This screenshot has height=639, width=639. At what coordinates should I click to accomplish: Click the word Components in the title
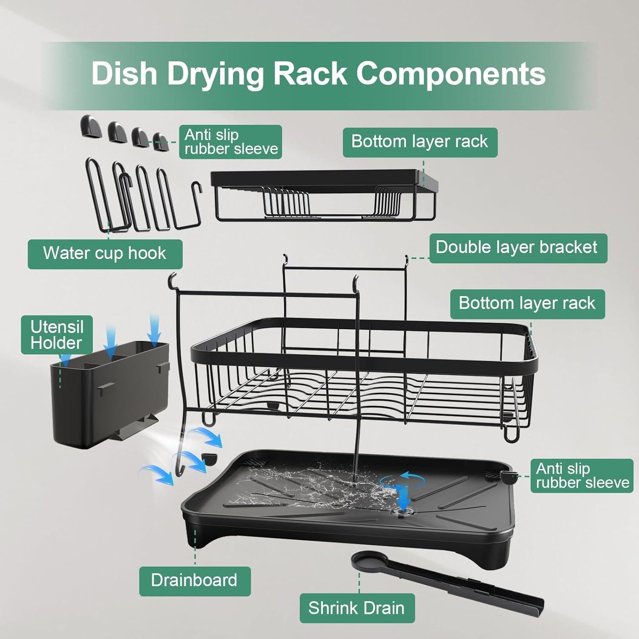[451, 74]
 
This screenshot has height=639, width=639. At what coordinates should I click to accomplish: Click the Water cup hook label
[105, 254]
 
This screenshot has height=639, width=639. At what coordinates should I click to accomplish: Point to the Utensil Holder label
[57, 335]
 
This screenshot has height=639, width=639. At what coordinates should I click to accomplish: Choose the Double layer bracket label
[518, 248]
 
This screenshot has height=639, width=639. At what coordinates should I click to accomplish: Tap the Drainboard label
[195, 581]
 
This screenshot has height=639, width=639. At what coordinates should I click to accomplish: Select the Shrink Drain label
[357, 608]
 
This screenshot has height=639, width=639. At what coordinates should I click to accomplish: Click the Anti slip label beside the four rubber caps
[230, 142]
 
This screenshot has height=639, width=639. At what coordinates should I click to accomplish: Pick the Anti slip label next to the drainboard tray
[582, 476]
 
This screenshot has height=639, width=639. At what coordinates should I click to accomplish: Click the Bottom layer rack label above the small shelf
[420, 142]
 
